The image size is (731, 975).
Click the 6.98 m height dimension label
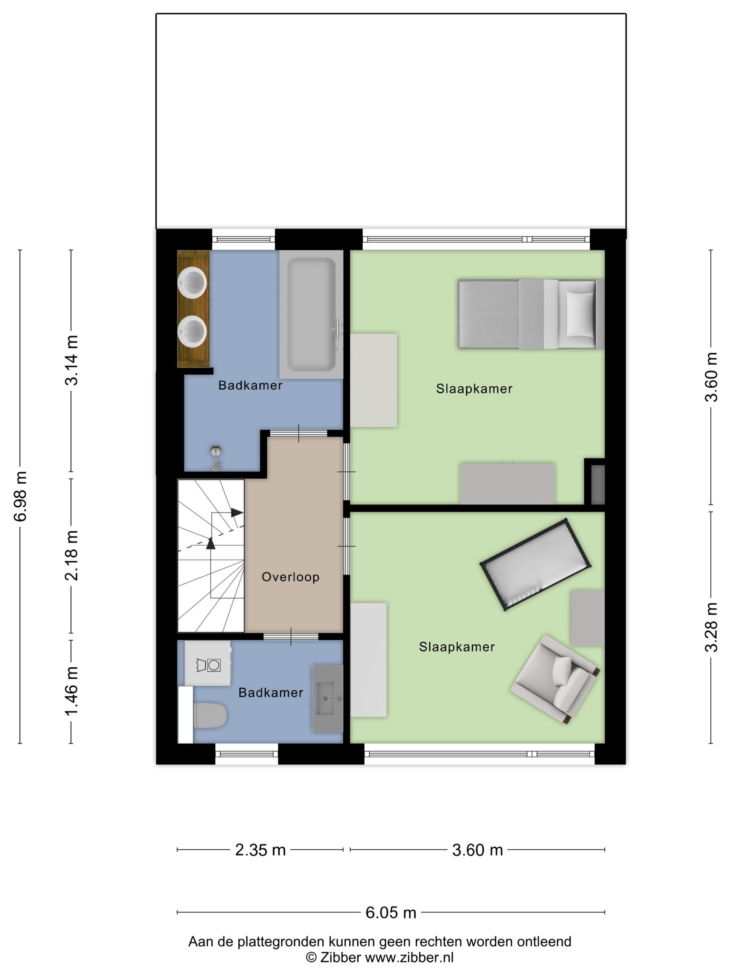pyautogui.click(x=21, y=496)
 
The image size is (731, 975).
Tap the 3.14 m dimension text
pyautogui.click(x=72, y=360)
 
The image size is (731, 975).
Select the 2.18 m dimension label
pyautogui.click(x=72, y=555)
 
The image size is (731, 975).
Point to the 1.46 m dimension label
pyautogui.click(x=72, y=691)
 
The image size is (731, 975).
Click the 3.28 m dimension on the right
pyautogui.click(x=711, y=627)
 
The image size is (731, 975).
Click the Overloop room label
pyautogui.click(x=290, y=577)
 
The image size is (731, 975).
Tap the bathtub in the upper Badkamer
pyautogui.click(x=311, y=314)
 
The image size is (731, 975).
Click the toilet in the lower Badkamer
pyautogui.click(x=210, y=715)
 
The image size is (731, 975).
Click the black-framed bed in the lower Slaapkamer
pyautogui.click(x=535, y=565)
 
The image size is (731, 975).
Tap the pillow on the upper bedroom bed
pyautogui.click(x=580, y=314)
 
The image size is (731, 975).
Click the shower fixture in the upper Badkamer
pyautogui.click(x=215, y=458)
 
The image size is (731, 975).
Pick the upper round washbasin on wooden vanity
pyautogui.click(x=192, y=282)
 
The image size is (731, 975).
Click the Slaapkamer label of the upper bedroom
pyautogui.click(x=474, y=389)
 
